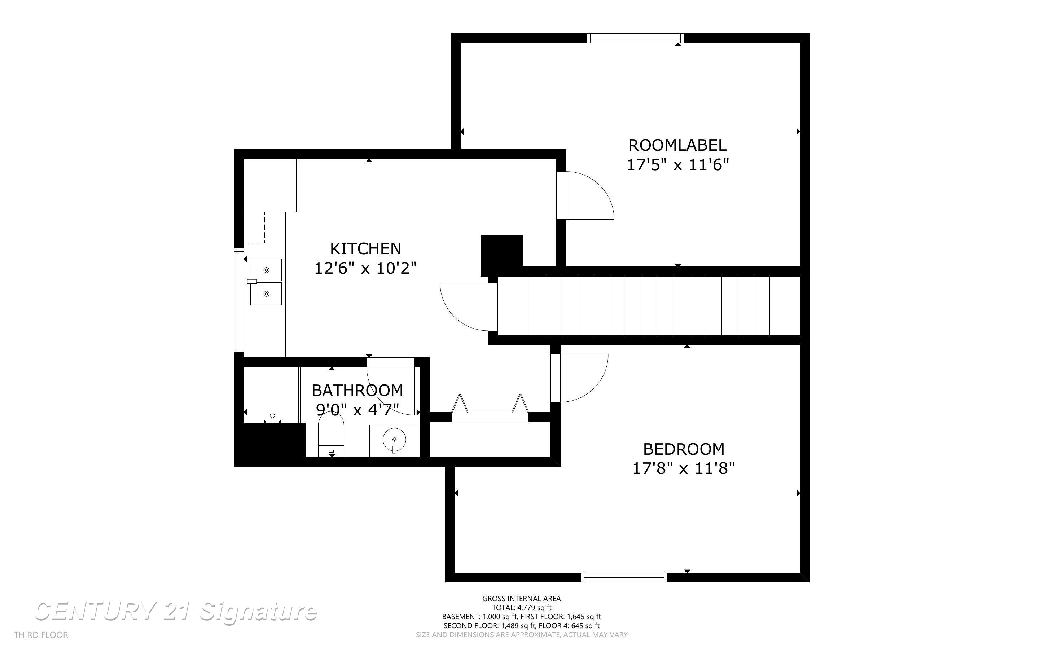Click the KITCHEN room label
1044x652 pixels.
tap(365, 249)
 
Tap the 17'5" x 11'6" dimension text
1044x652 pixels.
tap(677, 165)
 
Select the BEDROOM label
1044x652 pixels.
tap(684, 449)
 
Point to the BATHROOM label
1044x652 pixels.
tap(357, 391)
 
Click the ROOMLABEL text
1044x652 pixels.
tap(677, 145)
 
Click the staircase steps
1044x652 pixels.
tap(647, 306)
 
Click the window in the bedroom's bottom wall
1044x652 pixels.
tap(624, 577)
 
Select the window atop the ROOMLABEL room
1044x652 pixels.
tap(635, 38)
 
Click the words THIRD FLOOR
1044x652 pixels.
tap(41, 635)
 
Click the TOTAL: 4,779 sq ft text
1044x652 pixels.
tap(521, 608)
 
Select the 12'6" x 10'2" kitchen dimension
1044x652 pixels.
tap(365, 268)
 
